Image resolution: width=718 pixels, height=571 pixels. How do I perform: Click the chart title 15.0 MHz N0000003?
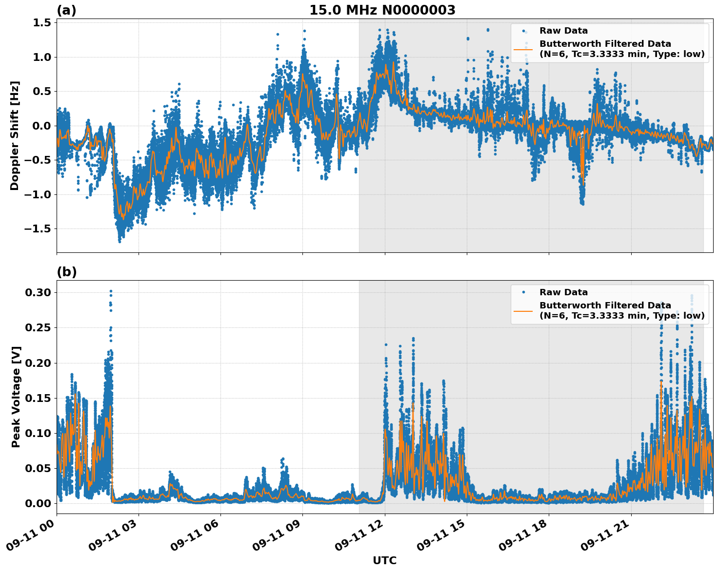382,10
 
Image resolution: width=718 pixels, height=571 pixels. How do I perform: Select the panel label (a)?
66,10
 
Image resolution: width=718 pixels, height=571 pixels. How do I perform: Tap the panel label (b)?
66,272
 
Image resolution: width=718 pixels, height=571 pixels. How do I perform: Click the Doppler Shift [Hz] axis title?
15,135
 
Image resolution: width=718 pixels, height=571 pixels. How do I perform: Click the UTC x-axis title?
384,560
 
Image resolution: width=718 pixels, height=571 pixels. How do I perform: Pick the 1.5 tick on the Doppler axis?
41,23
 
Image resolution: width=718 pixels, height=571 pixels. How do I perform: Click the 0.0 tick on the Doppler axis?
41,126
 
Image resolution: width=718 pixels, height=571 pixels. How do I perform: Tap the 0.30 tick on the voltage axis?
38,293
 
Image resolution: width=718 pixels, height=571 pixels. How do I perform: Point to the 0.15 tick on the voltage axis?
38,398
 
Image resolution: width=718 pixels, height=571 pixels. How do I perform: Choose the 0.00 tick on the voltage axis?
38,503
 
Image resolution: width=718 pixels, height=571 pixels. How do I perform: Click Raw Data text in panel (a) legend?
563,31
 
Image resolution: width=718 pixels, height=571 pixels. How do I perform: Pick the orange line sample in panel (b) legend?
523,310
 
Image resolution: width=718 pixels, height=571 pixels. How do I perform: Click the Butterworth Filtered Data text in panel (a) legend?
605,44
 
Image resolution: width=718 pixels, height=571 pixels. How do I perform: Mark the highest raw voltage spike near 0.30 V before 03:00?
111,291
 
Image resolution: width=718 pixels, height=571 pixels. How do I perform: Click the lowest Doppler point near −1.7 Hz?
120,241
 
